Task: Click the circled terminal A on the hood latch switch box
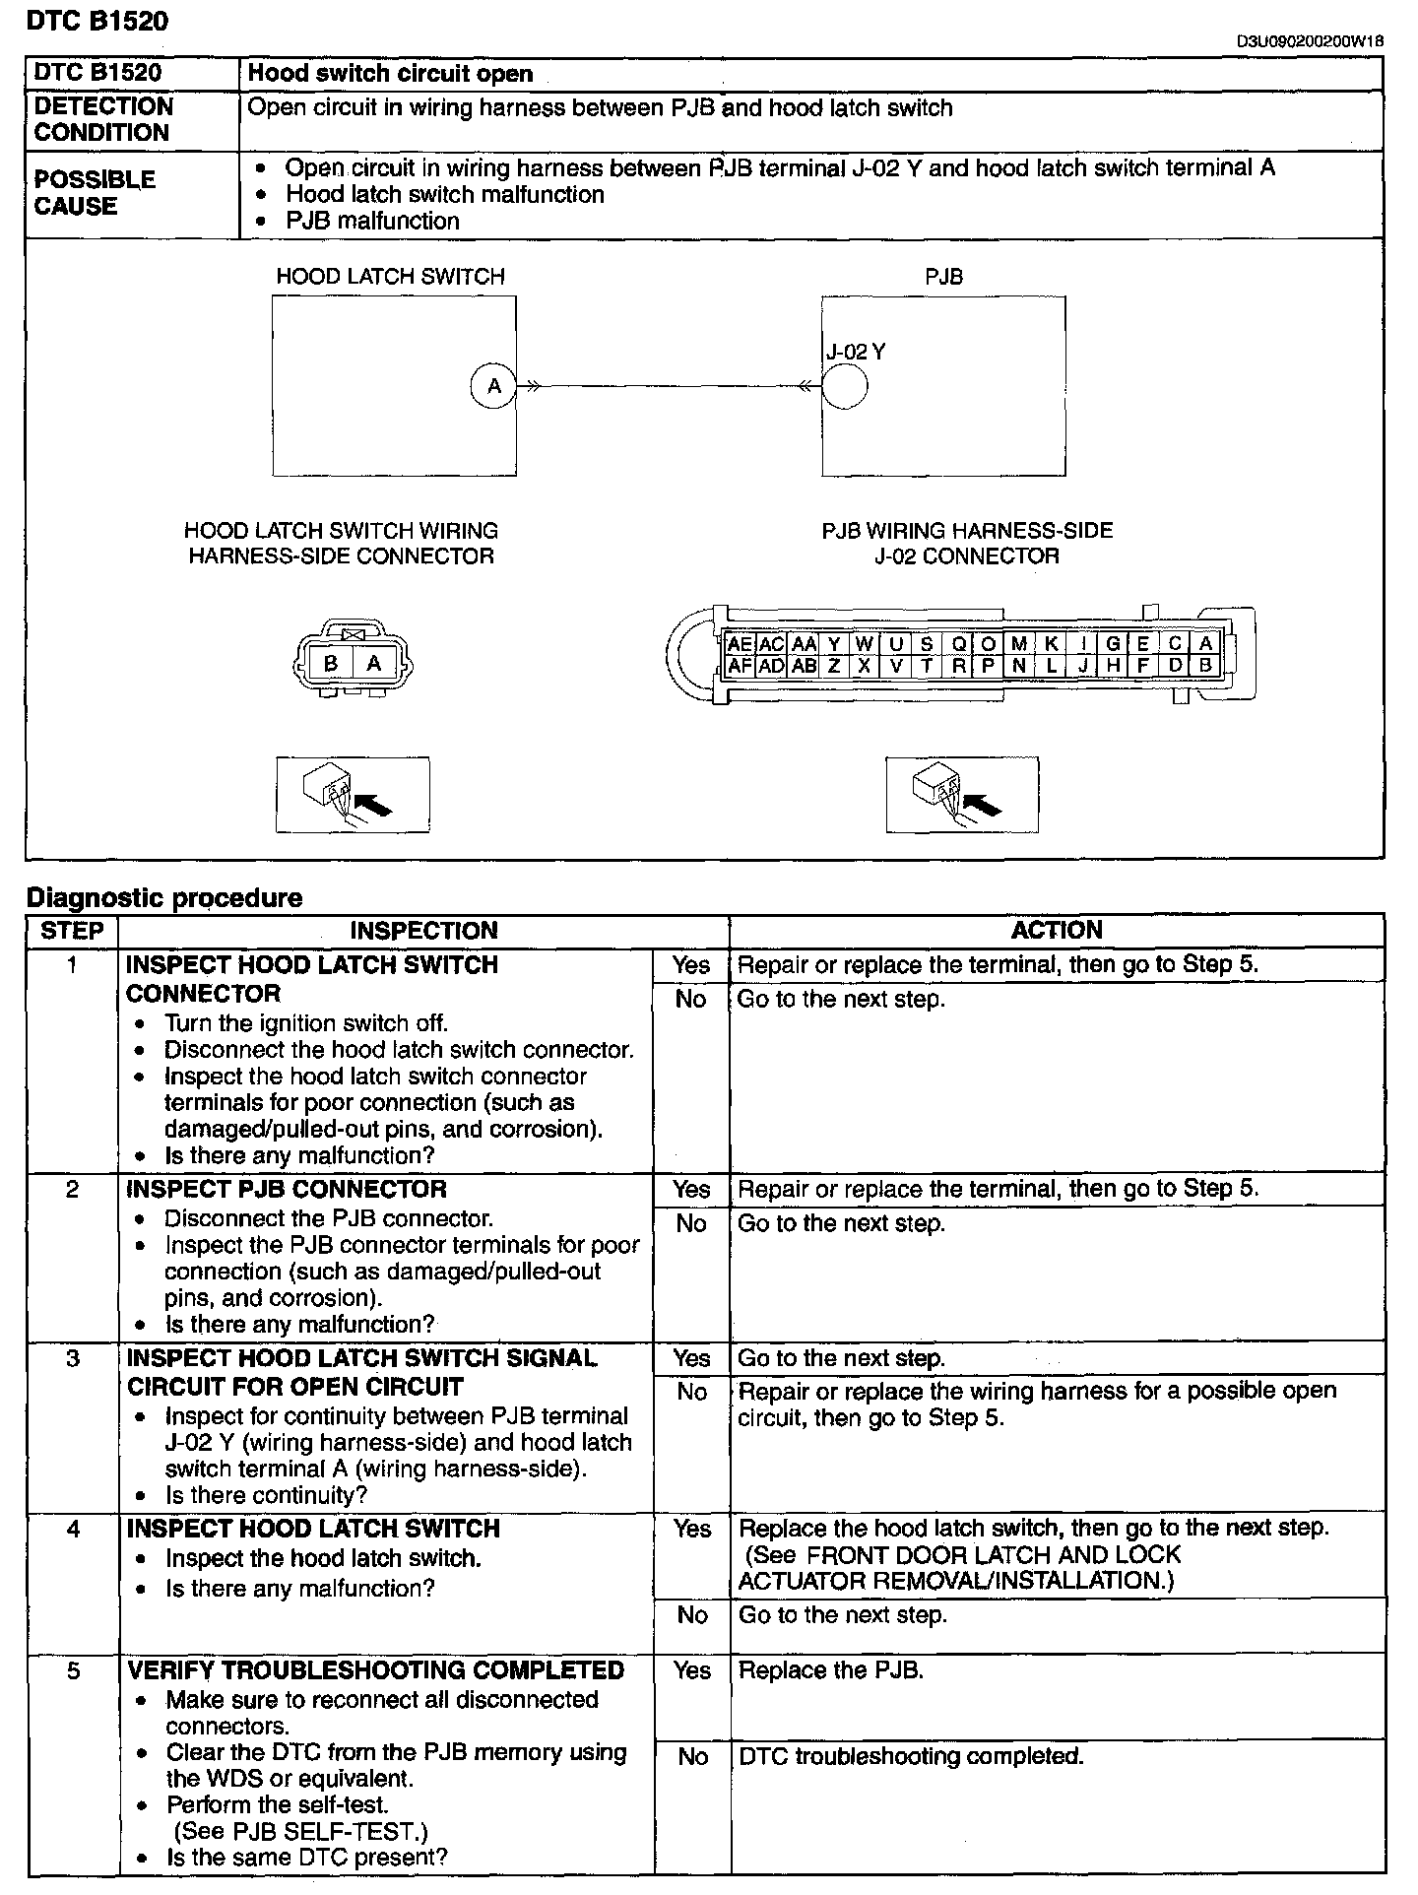pos(493,386)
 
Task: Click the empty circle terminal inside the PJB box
pos(844,386)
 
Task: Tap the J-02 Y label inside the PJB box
pos(856,352)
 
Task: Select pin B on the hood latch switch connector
pos(331,663)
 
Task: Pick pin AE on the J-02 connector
pos(740,644)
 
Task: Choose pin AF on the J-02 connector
pos(740,666)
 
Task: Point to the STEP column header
pos(72,931)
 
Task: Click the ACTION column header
pos(1057,931)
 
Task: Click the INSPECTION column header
pos(423,931)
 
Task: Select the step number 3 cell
pos(72,1359)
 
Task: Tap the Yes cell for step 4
pos(691,1529)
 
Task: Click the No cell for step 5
pos(692,1757)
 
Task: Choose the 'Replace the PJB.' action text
pos(830,1670)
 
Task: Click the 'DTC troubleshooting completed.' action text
pos(911,1756)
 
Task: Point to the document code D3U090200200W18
pos(1311,41)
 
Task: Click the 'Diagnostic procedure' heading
pos(164,897)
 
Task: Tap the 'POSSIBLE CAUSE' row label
pos(96,193)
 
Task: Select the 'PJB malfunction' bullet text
pos(372,221)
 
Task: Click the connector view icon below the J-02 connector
pos(962,794)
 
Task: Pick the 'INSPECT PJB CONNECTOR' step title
pos(287,1189)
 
